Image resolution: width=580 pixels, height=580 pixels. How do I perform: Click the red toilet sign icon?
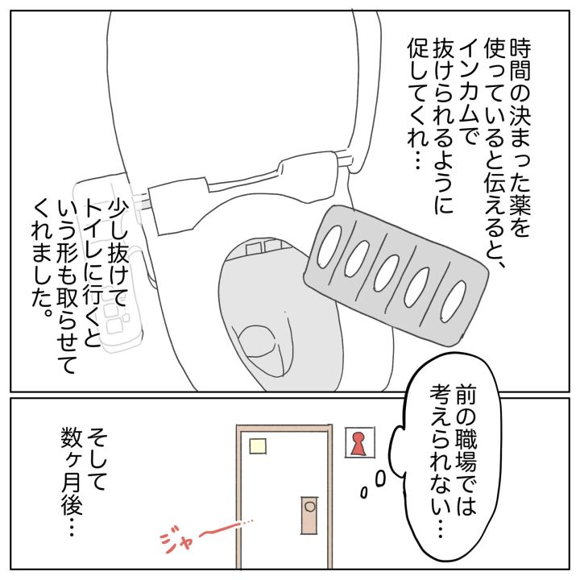[x=358, y=443]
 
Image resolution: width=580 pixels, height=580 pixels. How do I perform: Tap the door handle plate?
[x=309, y=516]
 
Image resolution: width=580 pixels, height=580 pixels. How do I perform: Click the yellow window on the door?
[x=258, y=445]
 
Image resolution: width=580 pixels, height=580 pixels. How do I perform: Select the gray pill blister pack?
[x=395, y=276]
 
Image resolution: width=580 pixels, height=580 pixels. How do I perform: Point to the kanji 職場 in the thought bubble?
[x=466, y=449]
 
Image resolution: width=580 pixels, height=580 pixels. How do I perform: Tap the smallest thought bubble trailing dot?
[x=365, y=492]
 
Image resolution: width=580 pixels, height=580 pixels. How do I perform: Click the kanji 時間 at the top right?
[x=520, y=59]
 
